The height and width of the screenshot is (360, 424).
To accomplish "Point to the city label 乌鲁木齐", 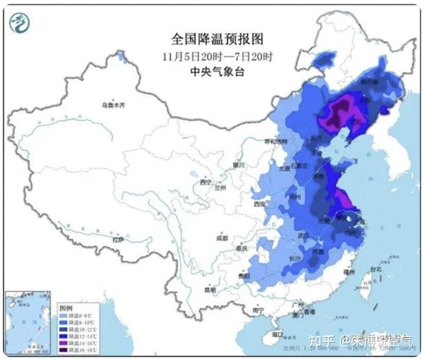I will [113, 105].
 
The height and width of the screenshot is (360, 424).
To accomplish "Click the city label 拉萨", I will [117, 238].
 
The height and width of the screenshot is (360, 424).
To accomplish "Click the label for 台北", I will [375, 270].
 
